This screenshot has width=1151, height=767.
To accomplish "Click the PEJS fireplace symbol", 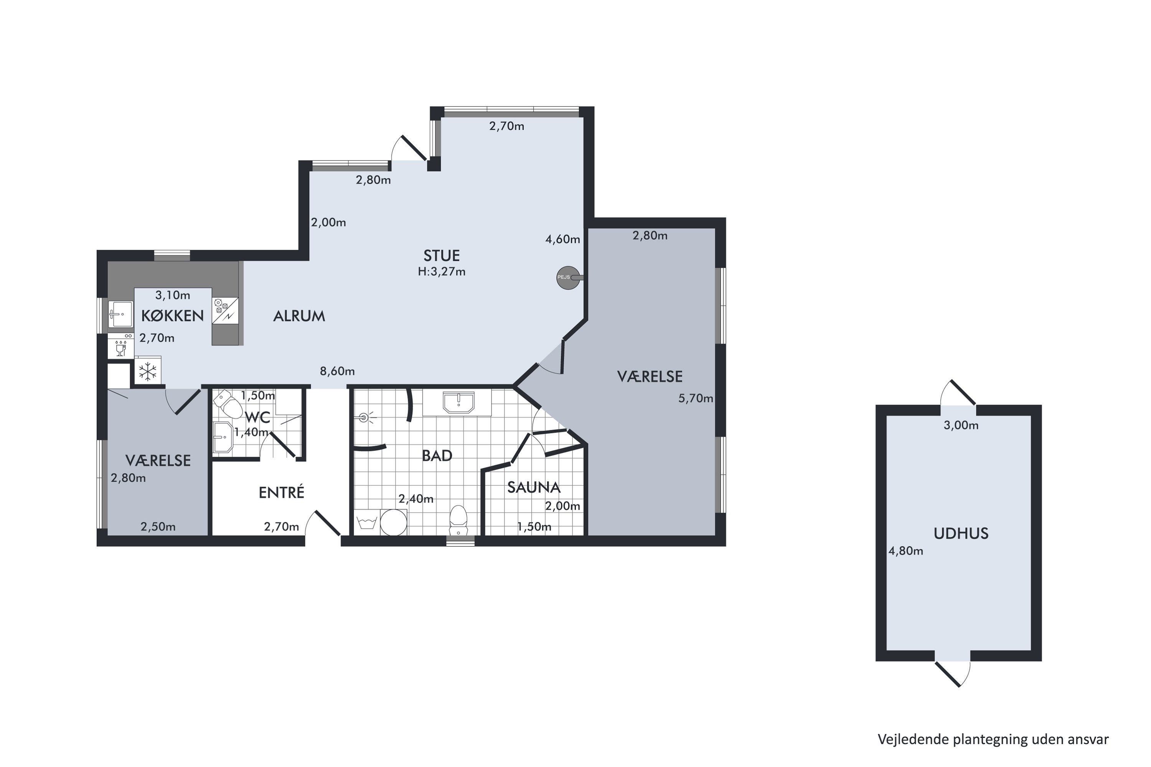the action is (x=569, y=277).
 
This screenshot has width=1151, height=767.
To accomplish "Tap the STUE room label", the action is (x=442, y=256).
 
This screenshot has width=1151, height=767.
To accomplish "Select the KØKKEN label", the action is (x=172, y=316).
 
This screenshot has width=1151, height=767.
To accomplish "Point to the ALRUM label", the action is (x=299, y=316).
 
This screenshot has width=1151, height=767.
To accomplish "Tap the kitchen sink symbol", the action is (x=120, y=314).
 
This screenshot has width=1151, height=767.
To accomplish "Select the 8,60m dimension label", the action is (x=337, y=371).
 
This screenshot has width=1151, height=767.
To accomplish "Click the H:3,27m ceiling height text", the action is (x=442, y=272).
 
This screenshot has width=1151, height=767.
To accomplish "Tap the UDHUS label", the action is (x=961, y=533).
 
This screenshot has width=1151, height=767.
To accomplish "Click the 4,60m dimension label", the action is (x=563, y=239).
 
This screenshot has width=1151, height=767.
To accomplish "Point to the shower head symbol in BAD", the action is (x=364, y=418).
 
